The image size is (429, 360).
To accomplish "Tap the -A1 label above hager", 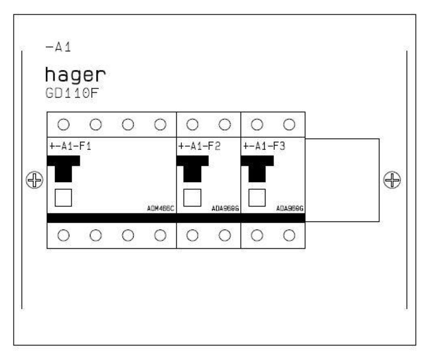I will click(x=59, y=47).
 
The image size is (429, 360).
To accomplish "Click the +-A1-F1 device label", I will click(x=70, y=146).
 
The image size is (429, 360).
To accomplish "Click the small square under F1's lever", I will click(x=63, y=197).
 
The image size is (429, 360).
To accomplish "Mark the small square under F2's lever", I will click(x=192, y=197).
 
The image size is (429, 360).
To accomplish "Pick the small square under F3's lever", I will click(x=257, y=197).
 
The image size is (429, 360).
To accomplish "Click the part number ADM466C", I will click(x=161, y=209).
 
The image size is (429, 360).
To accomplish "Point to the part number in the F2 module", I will click(x=225, y=209).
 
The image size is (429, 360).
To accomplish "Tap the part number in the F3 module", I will click(x=290, y=209).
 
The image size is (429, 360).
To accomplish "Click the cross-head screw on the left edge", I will click(x=35, y=180).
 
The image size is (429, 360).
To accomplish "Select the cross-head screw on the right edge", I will click(x=392, y=180).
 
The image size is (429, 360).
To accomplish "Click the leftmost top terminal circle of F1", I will click(x=63, y=124).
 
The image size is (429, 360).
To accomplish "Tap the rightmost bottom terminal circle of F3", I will click(x=289, y=235).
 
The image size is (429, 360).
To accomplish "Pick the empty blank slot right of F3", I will click(x=342, y=180).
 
